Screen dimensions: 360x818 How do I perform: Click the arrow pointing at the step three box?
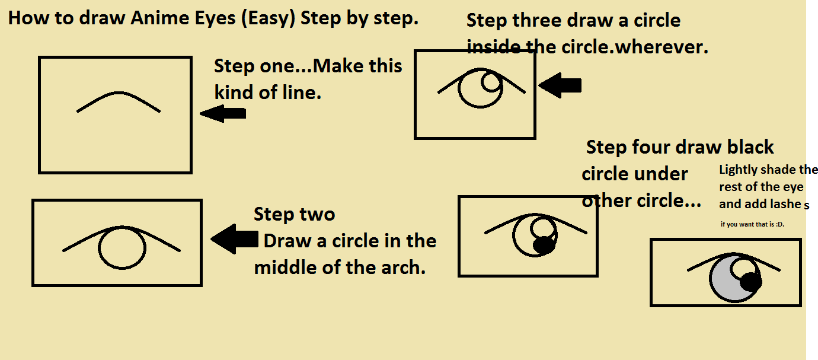click(560, 86)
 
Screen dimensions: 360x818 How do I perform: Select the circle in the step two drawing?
click(122, 249)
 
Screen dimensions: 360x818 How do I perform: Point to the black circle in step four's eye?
click(544, 244)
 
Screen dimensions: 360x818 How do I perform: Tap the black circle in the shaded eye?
click(750, 282)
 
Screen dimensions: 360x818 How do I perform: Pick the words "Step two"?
click(294, 214)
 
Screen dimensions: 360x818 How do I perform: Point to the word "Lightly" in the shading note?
click(738, 170)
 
